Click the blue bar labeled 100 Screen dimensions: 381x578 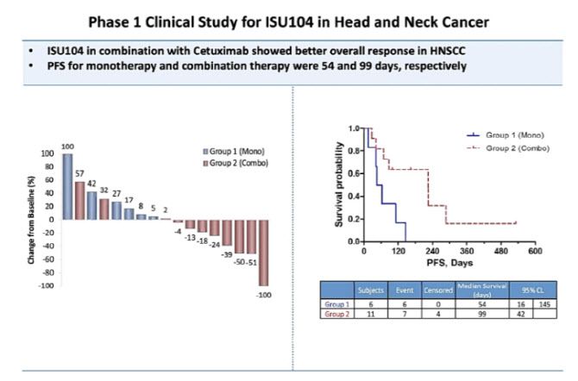[x=67, y=186]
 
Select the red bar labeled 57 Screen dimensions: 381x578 [x=79, y=200]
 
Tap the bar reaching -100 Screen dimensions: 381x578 [x=262, y=252]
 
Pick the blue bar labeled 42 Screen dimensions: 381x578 [x=91, y=205]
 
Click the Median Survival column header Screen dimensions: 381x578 [x=481, y=290]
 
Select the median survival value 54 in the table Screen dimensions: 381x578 [x=481, y=304]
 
